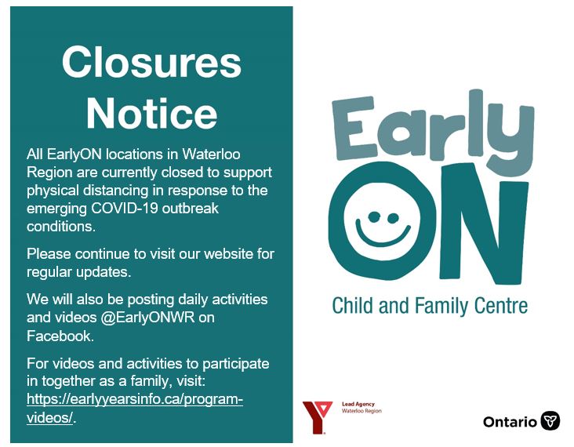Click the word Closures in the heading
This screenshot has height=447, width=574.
coord(151,62)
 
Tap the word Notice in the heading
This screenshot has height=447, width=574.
coord(151,113)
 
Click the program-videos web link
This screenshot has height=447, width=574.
coord(135,408)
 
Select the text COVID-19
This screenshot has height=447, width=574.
coord(125,209)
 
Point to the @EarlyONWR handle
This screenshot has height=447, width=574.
coord(147,318)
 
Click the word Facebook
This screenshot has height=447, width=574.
coord(60,336)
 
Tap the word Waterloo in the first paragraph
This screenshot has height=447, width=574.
coord(211,154)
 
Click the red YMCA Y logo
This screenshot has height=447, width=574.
coord(317,417)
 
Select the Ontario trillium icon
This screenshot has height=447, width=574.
coord(550,420)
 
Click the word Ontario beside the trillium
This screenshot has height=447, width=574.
coord(510,422)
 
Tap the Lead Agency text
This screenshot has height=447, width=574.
coord(358,404)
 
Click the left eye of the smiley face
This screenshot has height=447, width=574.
coord(374,216)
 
